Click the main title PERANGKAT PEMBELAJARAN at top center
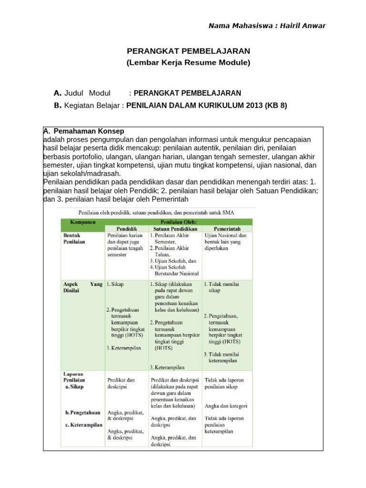tap(188, 51)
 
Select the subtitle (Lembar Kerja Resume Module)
tap(188, 62)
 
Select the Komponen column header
tap(80, 222)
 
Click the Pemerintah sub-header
tap(227, 229)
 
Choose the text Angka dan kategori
tap(226, 406)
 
